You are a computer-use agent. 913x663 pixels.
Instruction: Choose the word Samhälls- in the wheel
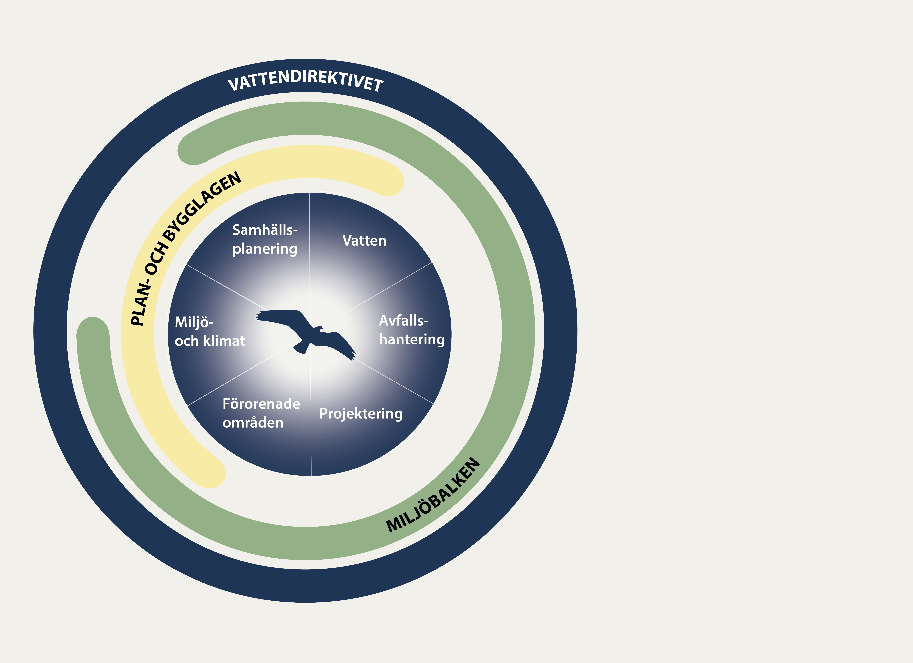point(265,230)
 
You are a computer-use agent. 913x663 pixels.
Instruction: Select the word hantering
point(411,339)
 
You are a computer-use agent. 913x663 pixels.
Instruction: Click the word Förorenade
point(261,404)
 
